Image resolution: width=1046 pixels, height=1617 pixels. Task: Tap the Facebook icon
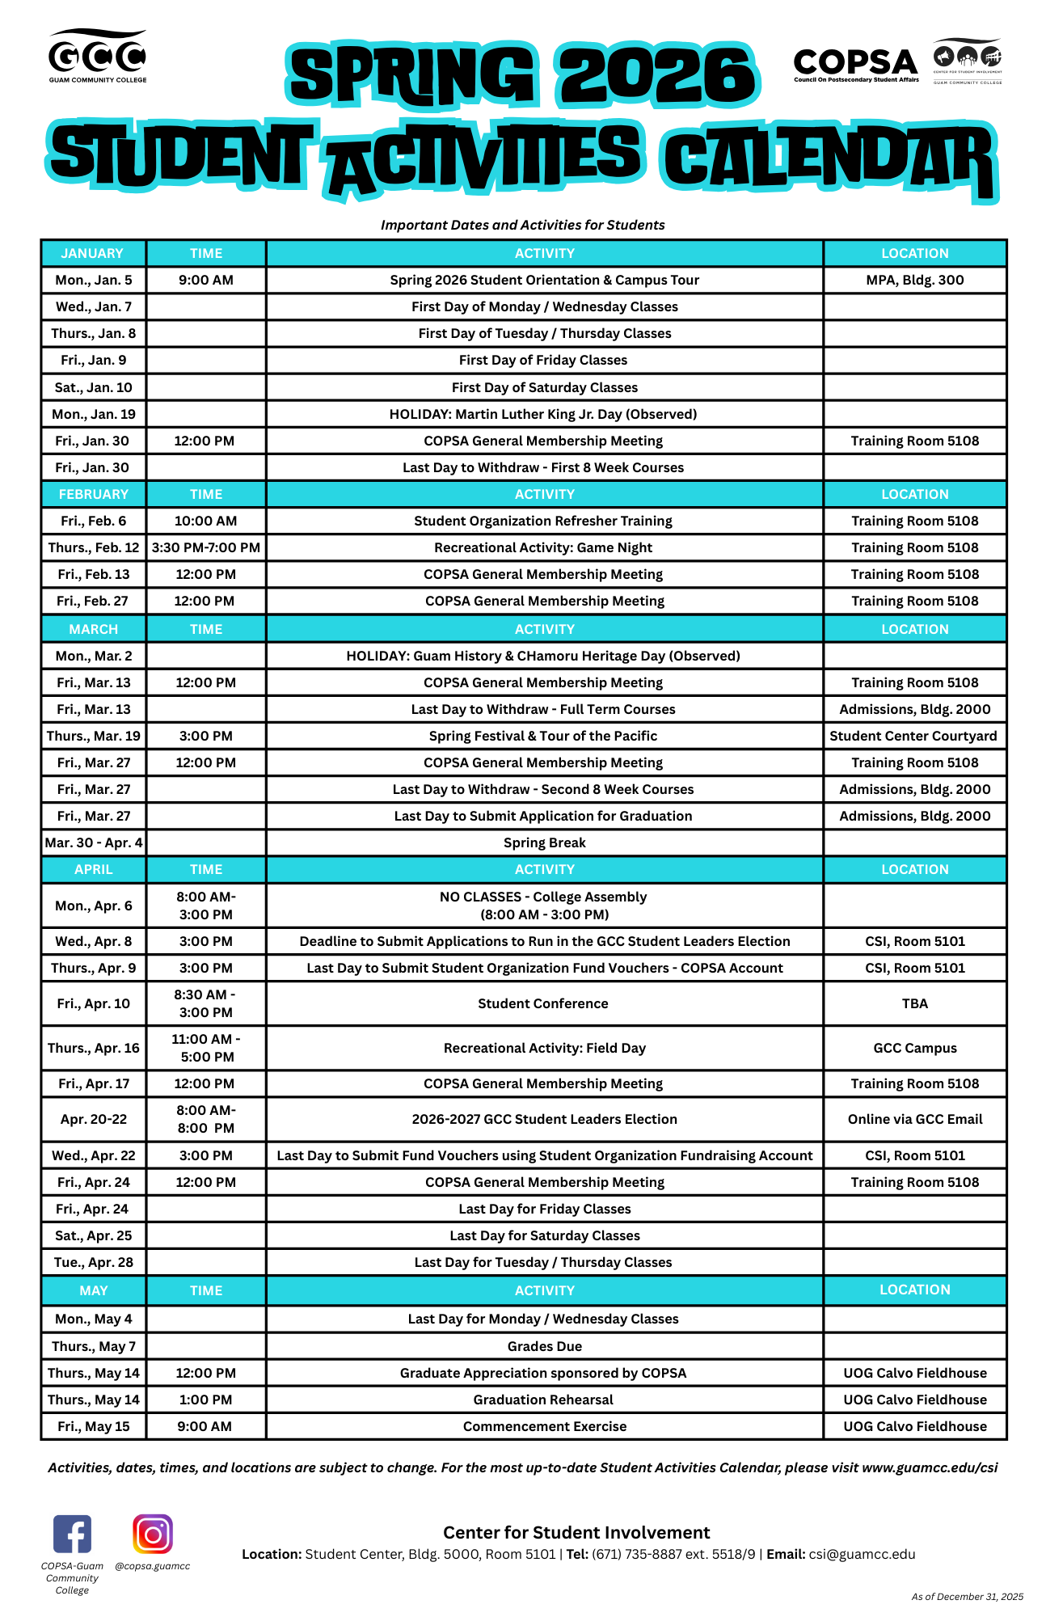73,1534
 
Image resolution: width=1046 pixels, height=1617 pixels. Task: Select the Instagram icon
153,1534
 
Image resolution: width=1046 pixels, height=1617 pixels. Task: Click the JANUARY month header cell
93,253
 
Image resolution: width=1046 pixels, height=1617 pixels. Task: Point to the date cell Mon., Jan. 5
93,280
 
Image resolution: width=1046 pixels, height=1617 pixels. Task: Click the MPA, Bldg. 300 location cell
914,280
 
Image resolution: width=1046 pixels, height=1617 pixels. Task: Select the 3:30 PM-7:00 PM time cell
206,547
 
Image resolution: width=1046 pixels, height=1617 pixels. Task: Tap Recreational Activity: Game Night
543,547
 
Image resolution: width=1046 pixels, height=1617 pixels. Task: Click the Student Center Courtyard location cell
913,736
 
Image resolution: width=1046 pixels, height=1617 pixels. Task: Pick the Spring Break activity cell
544,842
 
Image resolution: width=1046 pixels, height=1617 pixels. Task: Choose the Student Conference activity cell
543,1003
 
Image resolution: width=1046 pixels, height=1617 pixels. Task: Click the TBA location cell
914,1003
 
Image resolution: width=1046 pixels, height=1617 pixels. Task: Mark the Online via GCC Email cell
915,1119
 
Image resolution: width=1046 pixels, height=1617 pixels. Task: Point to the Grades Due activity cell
544,1346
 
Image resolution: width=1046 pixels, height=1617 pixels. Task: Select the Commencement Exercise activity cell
544,1426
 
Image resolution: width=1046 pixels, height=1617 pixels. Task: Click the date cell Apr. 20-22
93,1119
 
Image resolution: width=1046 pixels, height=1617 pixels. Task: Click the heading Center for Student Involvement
576,1532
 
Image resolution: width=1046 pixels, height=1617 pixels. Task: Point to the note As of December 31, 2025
967,1597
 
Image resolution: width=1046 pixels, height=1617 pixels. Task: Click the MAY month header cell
93,1290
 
